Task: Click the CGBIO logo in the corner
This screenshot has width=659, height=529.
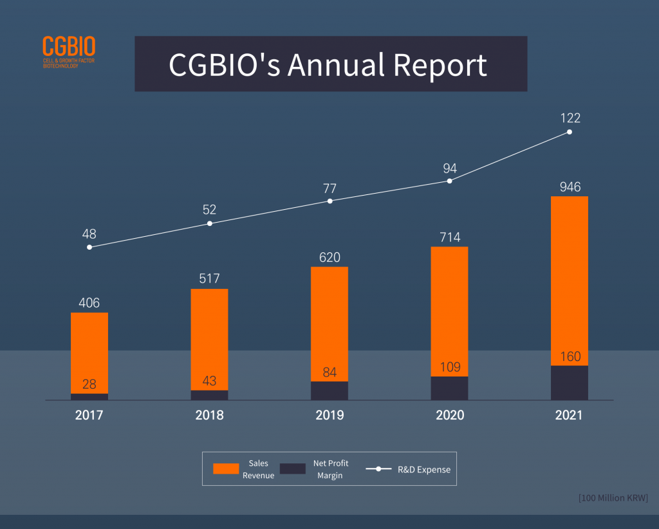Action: (69, 51)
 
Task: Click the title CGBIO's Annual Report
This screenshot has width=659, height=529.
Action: (328, 64)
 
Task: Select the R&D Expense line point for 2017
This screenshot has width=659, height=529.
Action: (89, 247)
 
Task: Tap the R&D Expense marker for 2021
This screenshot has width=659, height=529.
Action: (570, 132)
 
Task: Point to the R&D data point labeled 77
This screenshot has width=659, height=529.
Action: (329, 201)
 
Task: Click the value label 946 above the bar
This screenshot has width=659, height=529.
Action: (570, 187)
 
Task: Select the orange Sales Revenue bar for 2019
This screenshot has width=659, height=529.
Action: (329, 322)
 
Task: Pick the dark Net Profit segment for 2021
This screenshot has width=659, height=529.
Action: (570, 383)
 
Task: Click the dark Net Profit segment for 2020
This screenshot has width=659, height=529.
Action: (449, 388)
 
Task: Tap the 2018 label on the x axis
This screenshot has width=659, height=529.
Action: (209, 415)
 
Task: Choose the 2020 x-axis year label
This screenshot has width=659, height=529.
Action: (449, 415)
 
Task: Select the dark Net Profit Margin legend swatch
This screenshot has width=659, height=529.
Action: (292, 469)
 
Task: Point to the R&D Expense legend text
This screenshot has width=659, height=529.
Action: (424, 470)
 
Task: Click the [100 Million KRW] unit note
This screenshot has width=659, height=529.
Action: (613, 498)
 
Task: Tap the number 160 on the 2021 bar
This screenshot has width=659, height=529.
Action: (570, 357)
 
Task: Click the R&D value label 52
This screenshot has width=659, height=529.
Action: (209, 210)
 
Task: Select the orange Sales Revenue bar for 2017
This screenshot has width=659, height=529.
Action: (89, 351)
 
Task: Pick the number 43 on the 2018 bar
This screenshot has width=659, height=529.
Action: (209, 381)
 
